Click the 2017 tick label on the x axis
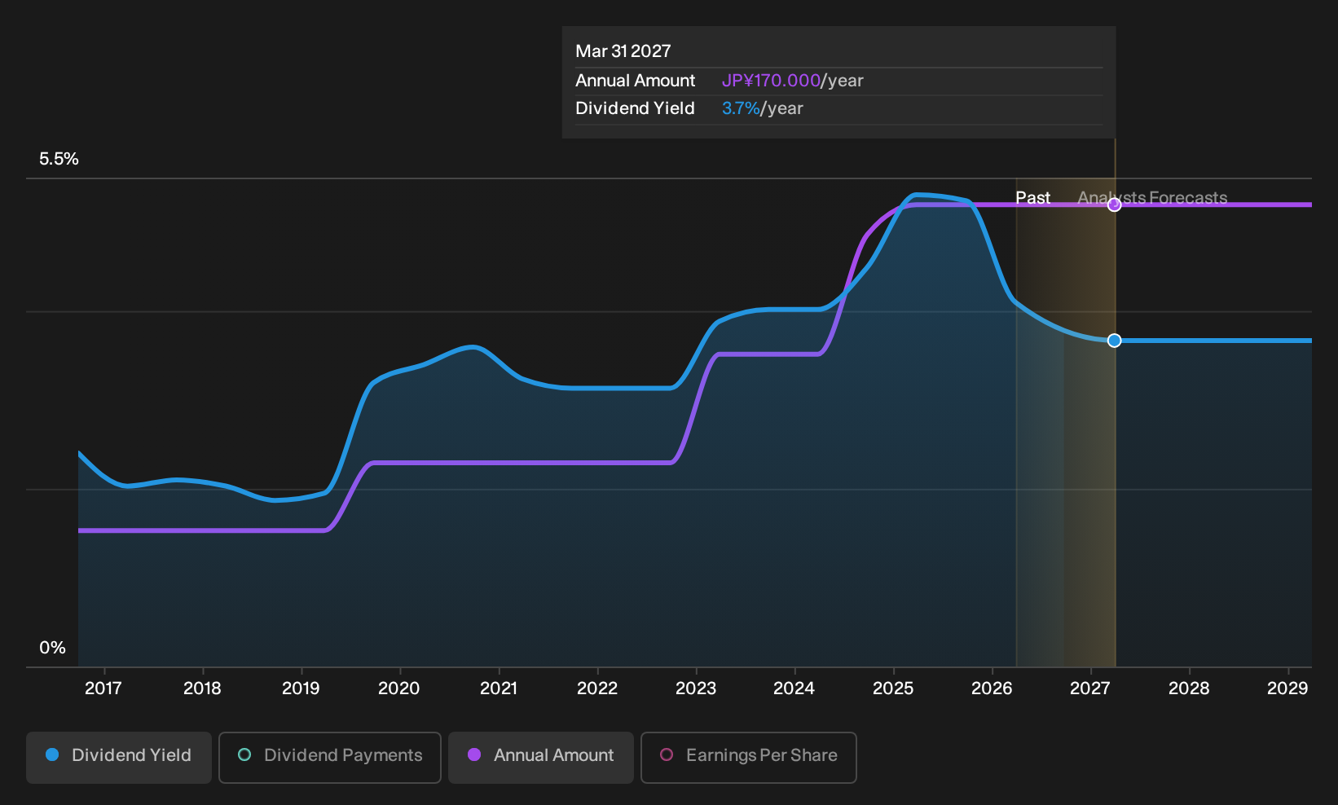(x=103, y=688)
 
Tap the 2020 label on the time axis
(x=399, y=688)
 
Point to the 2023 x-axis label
(x=696, y=688)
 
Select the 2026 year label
(x=992, y=688)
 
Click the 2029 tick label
(x=1287, y=688)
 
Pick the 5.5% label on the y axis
(x=59, y=159)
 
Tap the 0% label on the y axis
(x=53, y=648)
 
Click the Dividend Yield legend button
(x=119, y=757)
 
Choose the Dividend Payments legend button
(x=330, y=757)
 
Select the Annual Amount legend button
(x=540, y=757)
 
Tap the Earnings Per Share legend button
(x=748, y=757)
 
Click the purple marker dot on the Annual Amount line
(x=1114, y=205)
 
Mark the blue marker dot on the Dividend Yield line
(x=1114, y=341)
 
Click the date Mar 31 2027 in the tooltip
(x=623, y=51)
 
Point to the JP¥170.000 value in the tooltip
(x=771, y=81)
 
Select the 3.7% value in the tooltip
(x=741, y=108)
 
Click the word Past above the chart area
(x=1032, y=198)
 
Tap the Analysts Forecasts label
(x=1152, y=198)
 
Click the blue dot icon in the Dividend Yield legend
(x=53, y=754)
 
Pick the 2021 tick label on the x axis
(x=498, y=688)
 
